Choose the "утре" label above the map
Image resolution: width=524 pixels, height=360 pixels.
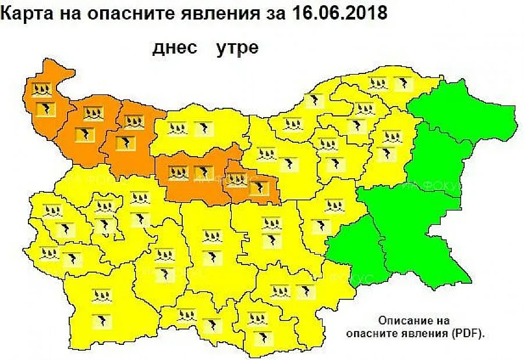tap(237, 48)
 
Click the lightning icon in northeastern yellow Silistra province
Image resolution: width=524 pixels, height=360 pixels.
tap(401, 84)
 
